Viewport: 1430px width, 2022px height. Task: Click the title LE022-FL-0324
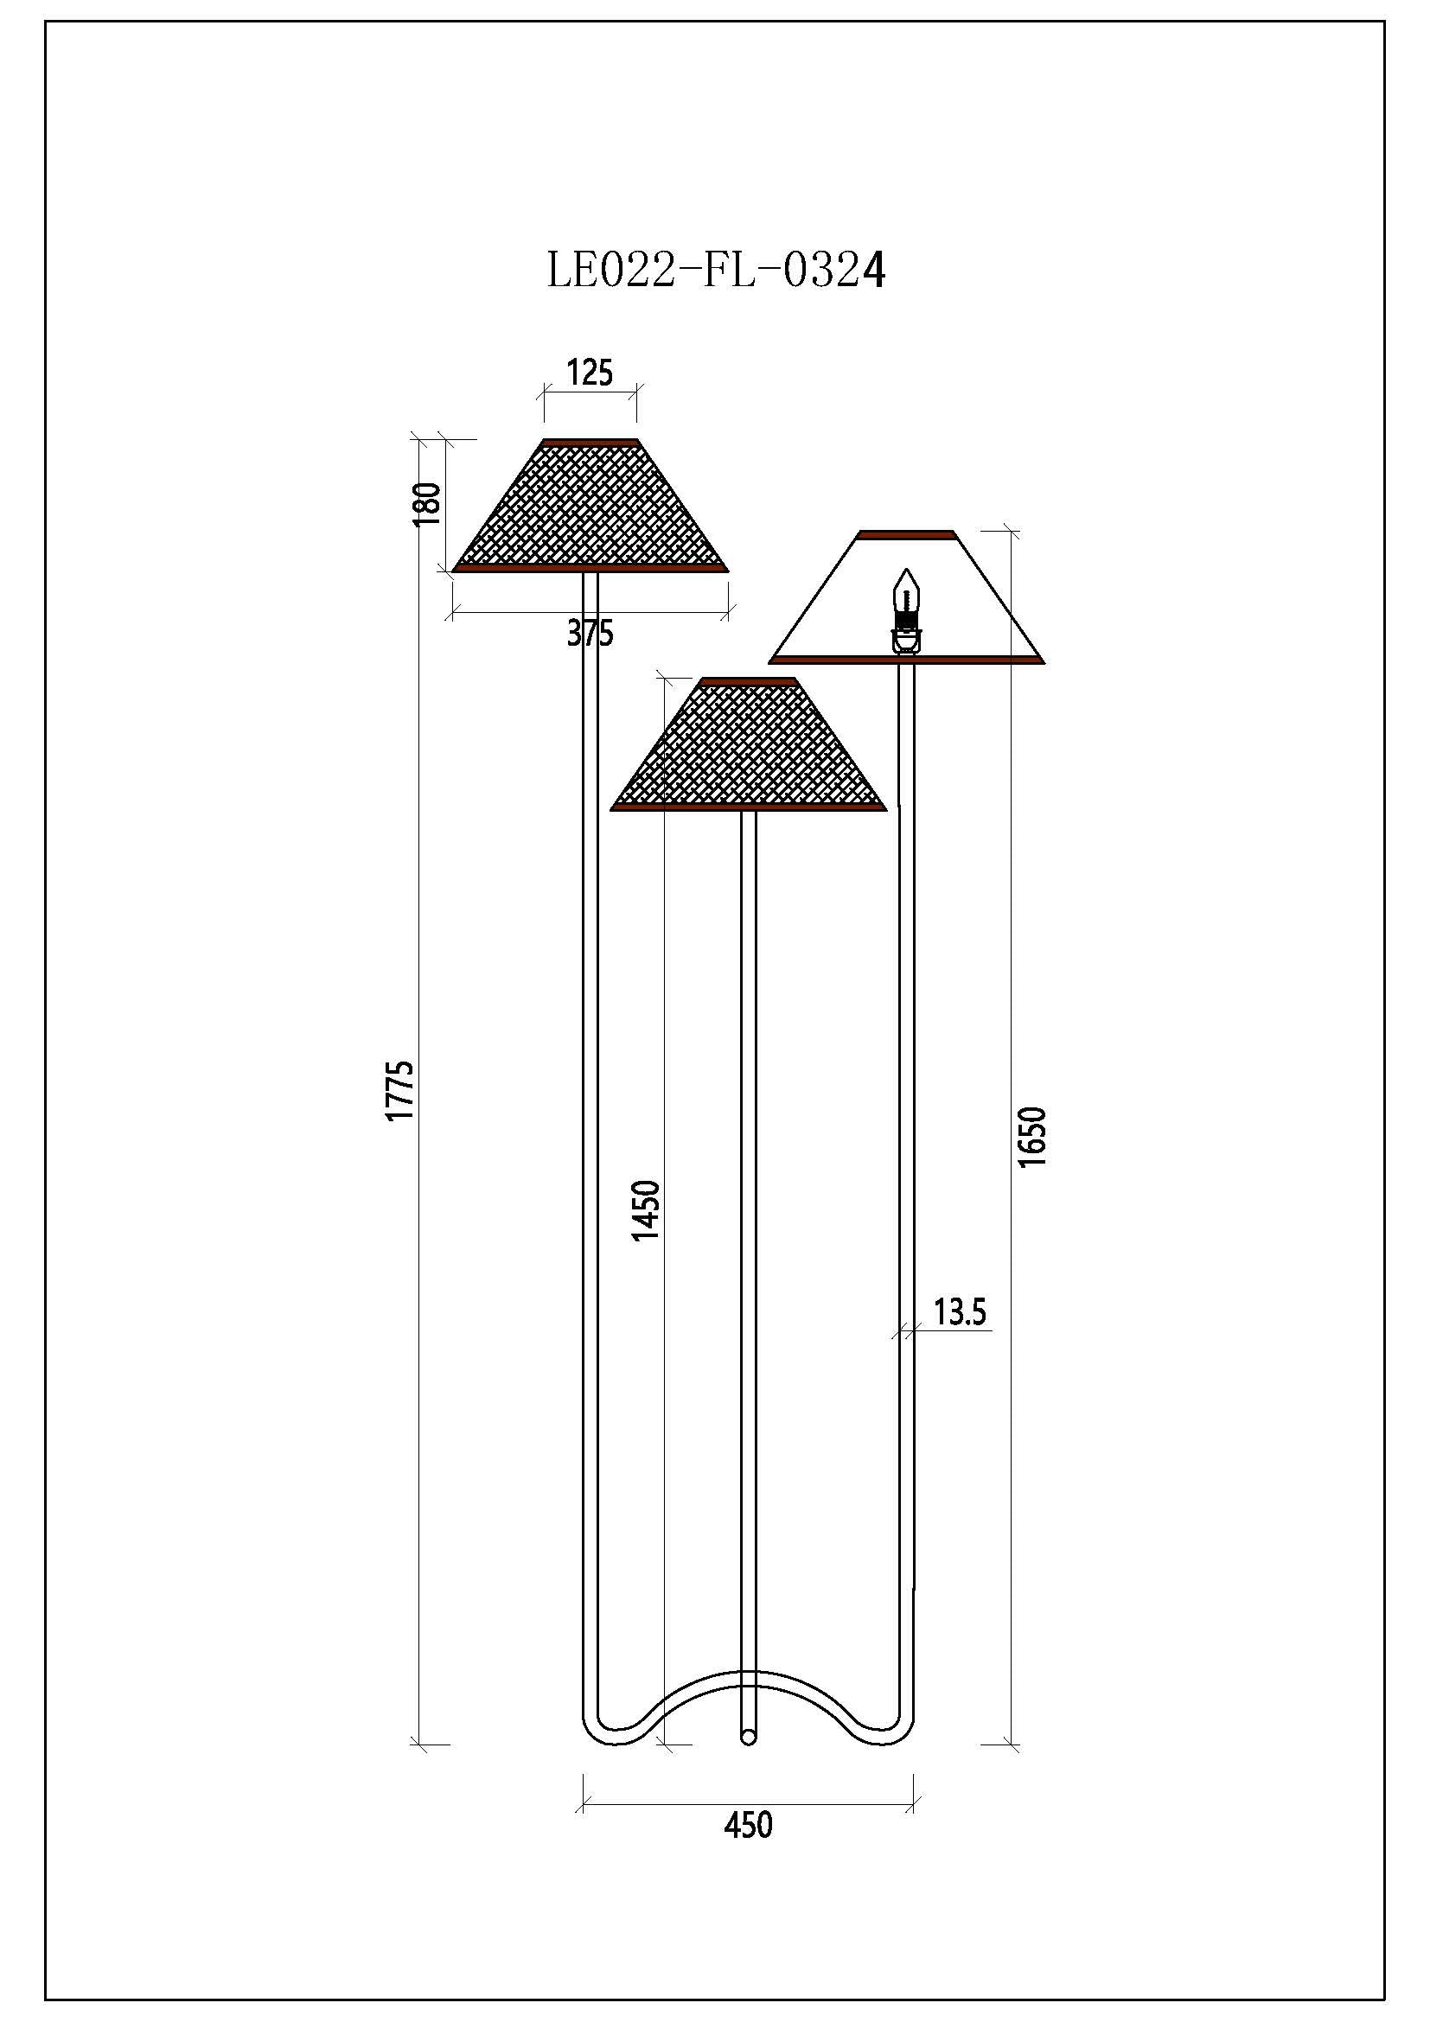[716, 271]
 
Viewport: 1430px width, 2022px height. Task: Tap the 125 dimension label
[589, 373]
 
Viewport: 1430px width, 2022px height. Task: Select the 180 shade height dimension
[427, 504]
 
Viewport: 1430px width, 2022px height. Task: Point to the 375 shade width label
[589, 632]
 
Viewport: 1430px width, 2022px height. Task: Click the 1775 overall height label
[399, 1090]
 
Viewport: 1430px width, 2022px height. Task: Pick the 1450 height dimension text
[646, 1210]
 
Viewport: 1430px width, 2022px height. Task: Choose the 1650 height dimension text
[1032, 1137]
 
